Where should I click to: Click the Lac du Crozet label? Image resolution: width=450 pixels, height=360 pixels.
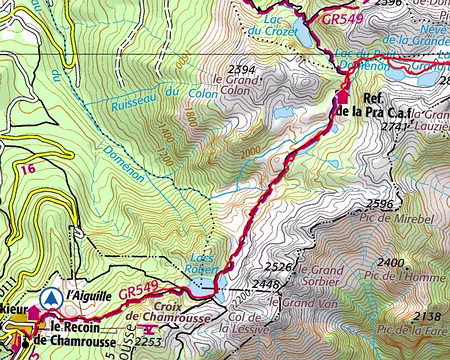[281, 24]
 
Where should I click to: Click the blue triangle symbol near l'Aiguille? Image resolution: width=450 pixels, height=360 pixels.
[49, 297]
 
